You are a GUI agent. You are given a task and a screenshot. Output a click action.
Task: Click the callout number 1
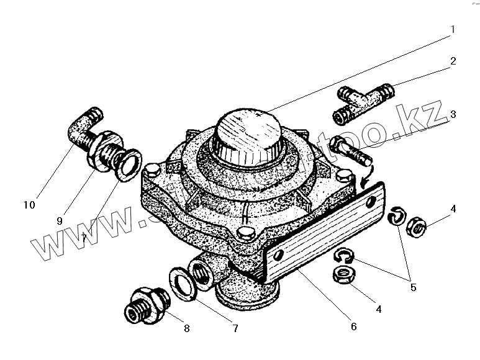[453, 29]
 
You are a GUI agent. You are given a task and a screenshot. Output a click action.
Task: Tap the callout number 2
[453, 61]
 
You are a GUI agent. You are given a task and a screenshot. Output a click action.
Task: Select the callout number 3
[453, 114]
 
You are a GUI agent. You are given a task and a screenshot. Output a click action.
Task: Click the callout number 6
[353, 326]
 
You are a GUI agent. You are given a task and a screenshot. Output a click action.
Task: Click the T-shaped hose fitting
[364, 101]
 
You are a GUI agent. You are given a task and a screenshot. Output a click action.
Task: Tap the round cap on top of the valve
[247, 132]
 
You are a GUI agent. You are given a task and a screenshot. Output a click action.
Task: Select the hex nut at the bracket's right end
[415, 228]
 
